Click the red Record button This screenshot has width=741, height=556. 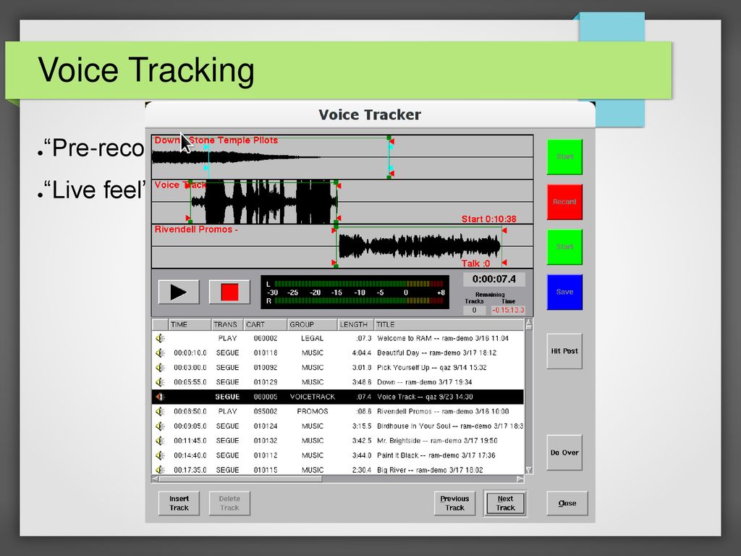(x=564, y=202)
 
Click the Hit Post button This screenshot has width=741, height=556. (x=564, y=351)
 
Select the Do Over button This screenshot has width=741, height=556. (x=564, y=452)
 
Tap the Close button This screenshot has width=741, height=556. (x=567, y=503)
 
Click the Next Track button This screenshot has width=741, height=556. (x=505, y=503)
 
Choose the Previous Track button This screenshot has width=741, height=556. (x=454, y=503)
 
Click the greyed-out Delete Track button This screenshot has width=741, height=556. (x=229, y=503)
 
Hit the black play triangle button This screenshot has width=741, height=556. (x=179, y=292)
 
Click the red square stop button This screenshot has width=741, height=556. (x=229, y=292)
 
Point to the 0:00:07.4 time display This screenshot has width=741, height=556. (x=494, y=279)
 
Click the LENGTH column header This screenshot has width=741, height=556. (x=354, y=324)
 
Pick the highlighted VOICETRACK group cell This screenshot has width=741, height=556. (x=313, y=397)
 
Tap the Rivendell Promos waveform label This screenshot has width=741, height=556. (x=196, y=229)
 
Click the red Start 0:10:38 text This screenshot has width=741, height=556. (x=488, y=219)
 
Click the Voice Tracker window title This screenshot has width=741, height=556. (x=370, y=114)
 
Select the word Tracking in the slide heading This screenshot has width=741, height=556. (x=192, y=70)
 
